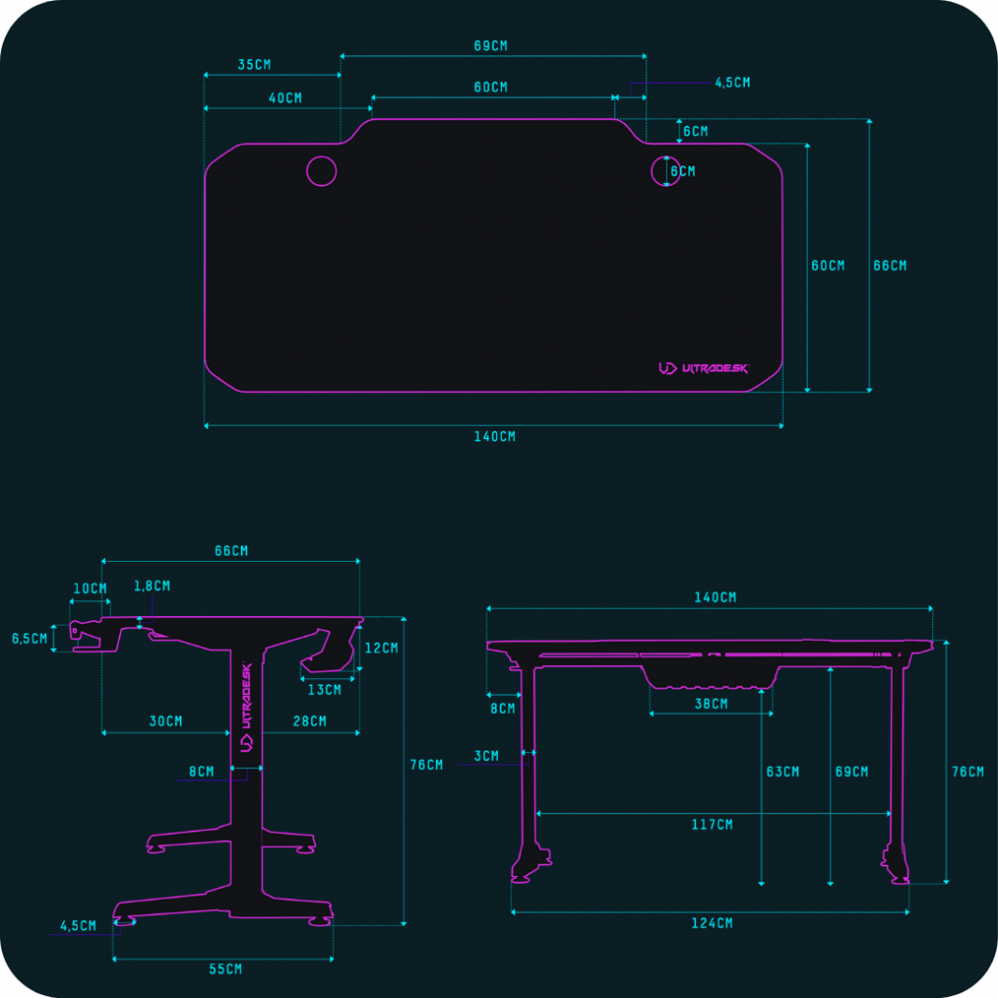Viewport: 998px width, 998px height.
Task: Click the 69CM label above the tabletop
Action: click(x=492, y=45)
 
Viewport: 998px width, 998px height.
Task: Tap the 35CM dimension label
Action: click(x=254, y=65)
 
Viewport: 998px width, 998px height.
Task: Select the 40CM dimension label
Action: click(x=285, y=98)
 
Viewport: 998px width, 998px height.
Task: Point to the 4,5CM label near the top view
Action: click(x=733, y=83)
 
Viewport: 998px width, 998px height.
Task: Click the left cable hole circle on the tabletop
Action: click(x=321, y=171)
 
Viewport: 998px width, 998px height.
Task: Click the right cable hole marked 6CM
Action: click(x=666, y=171)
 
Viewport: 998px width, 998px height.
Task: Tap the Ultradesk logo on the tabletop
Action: click(x=704, y=369)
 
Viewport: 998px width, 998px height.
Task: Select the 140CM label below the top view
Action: click(x=494, y=436)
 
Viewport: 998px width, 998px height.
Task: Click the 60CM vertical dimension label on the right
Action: click(x=827, y=265)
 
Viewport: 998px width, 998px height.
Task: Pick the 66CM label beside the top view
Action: click(x=890, y=265)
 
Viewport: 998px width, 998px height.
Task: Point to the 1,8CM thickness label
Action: click(x=152, y=585)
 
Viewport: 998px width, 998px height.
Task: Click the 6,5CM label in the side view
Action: click(x=29, y=638)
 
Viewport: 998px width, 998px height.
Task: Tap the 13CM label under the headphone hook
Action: click(x=325, y=689)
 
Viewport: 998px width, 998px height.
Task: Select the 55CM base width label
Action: click(x=224, y=969)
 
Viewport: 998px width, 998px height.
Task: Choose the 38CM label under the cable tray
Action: click(x=711, y=703)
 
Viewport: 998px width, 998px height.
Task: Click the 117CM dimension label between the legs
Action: click(x=712, y=824)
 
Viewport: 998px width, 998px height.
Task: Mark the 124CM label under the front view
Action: click(x=712, y=923)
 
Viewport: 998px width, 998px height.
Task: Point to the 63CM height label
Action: click(x=782, y=772)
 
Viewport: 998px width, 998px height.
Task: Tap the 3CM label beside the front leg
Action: click(x=486, y=755)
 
